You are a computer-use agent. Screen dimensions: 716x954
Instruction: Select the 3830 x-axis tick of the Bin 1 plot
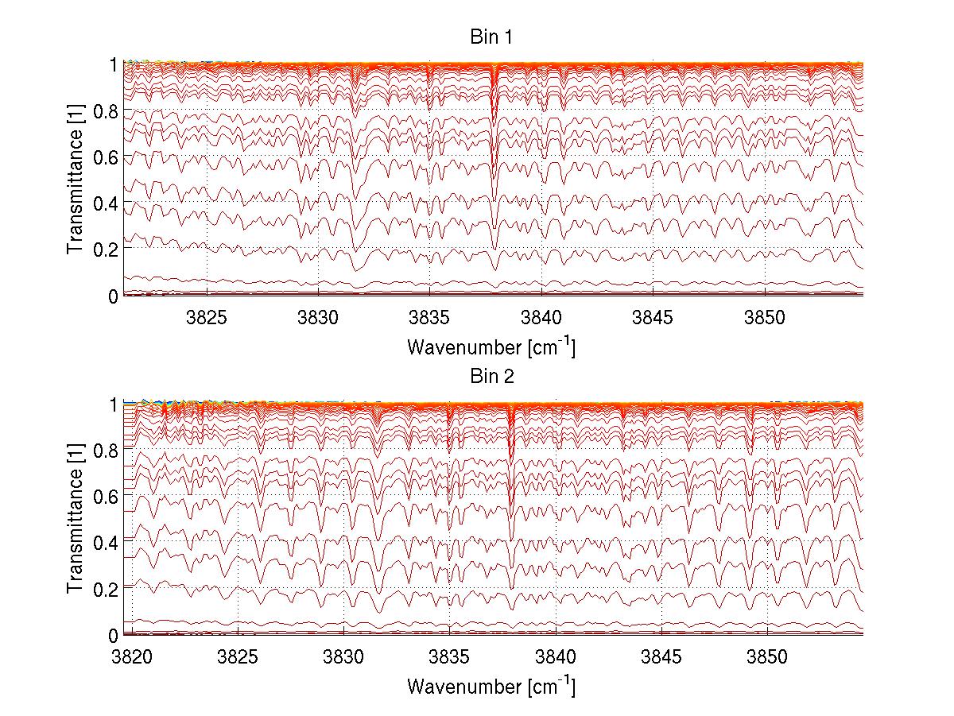319,317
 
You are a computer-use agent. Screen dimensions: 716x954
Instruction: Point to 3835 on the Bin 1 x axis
430,317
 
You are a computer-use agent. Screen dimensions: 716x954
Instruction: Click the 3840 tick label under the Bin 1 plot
542,317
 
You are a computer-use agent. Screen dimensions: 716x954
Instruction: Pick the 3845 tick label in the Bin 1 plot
653,317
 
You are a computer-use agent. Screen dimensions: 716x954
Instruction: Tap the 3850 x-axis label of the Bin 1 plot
766,317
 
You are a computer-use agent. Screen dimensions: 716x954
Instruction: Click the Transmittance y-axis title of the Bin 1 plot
75,180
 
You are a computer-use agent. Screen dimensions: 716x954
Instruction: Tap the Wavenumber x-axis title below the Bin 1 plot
491,347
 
